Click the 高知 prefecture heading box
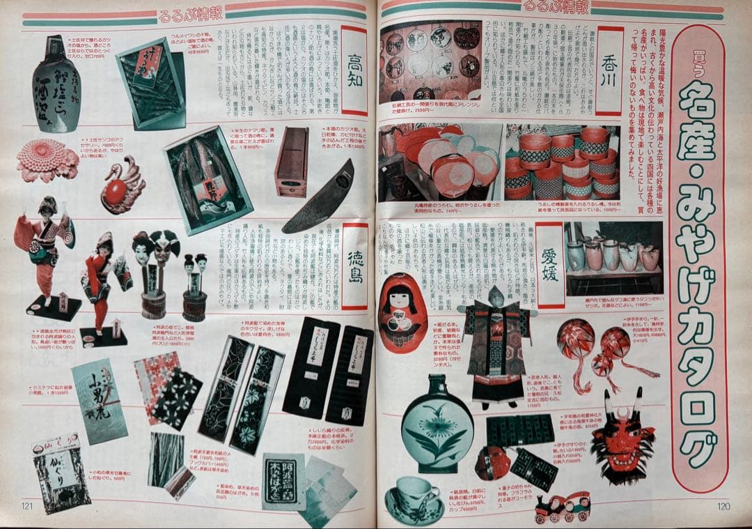(354, 70)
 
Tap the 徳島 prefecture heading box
(354, 266)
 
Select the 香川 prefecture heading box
(610, 70)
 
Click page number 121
(29, 506)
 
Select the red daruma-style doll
(402, 312)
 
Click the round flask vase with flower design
(437, 424)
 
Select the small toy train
(563, 507)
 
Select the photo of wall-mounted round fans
(430, 61)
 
